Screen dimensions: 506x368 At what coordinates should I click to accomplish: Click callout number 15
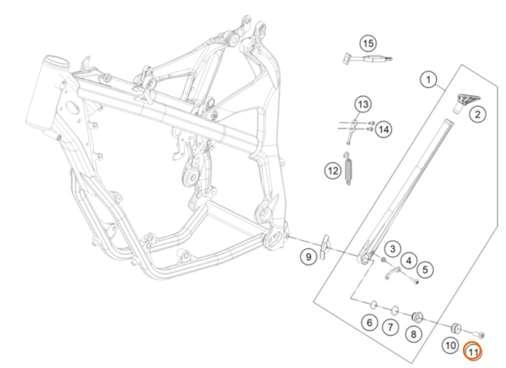[x=368, y=43]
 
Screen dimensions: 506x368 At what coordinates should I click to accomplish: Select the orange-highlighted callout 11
[x=472, y=351]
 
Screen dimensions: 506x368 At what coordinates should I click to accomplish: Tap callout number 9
[x=308, y=257]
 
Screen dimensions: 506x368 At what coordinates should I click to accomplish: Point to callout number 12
[x=333, y=170]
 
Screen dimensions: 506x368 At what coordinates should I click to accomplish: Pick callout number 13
[x=363, y=104]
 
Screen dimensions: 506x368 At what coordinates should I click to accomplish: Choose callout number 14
[x=383, y=129]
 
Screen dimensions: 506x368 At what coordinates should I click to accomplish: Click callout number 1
[x=428, y=79]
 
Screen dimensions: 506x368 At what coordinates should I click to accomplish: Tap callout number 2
[x=477, y=114]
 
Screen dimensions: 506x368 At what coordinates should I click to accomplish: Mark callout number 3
[x=392, y=249]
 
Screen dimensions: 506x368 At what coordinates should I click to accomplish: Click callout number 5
[x=425, y=269]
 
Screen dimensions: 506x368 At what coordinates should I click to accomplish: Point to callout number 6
[x=369, y=322]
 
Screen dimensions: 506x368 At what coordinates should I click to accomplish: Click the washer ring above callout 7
[x=395, y=311]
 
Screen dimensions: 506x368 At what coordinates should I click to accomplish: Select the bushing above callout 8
[x=417, y=317]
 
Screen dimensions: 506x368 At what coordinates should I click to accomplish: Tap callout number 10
[x=450, y=345]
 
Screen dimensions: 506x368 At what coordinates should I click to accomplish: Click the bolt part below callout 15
[x=367, y=59]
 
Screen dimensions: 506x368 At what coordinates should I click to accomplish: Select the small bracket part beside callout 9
[x=324, y=247]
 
